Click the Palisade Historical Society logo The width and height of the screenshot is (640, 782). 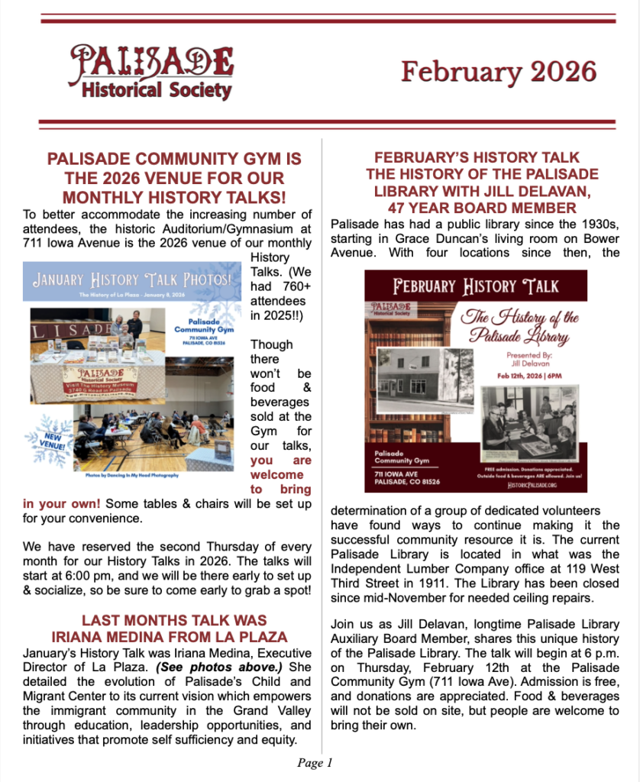tap(151, 73)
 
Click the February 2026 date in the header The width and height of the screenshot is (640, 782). tap(498, 72)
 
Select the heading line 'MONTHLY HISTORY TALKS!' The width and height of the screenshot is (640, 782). tap(175, 197)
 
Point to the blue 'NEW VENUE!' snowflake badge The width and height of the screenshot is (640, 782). tap(47, 440)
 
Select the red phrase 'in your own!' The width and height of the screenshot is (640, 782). tap(61, 505)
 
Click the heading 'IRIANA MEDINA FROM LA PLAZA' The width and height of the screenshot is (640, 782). tap(175, 636)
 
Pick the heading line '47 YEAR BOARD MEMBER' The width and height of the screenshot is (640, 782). tap(482, 208)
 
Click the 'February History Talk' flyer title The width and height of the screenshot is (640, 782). tap(476, 288)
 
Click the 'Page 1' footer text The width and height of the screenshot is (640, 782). tap(315, 763)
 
